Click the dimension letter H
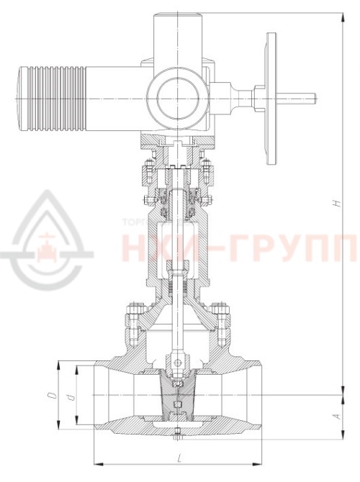tap(336, 204)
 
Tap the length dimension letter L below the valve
tap(176, 458)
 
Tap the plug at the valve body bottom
tap(176, 434)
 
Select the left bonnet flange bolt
tap(132, 317)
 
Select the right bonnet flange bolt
tap(221, 317)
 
